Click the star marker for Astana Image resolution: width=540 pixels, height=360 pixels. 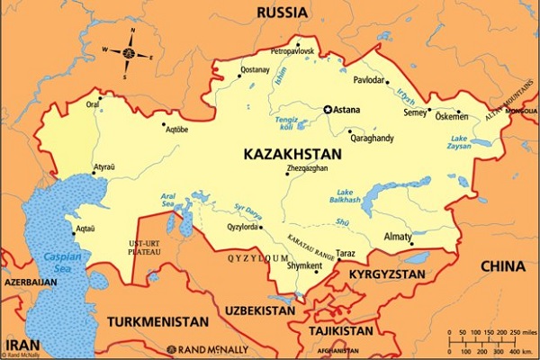point(328,110)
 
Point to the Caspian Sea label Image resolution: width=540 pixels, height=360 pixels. point(58,261)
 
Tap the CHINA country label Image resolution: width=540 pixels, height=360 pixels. point(502,265)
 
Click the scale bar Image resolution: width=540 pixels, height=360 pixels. point(490,341)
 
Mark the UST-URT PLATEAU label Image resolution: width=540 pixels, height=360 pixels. point(145,248)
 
